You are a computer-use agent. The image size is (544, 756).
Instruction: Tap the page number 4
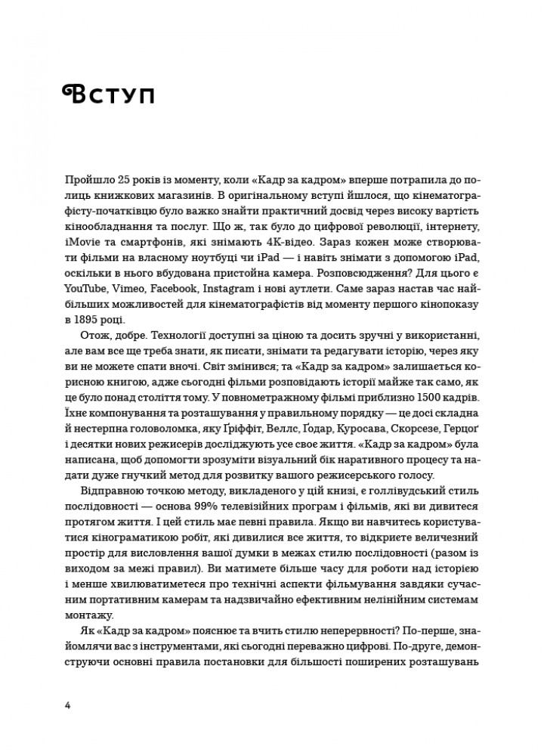tap(69, 706)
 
